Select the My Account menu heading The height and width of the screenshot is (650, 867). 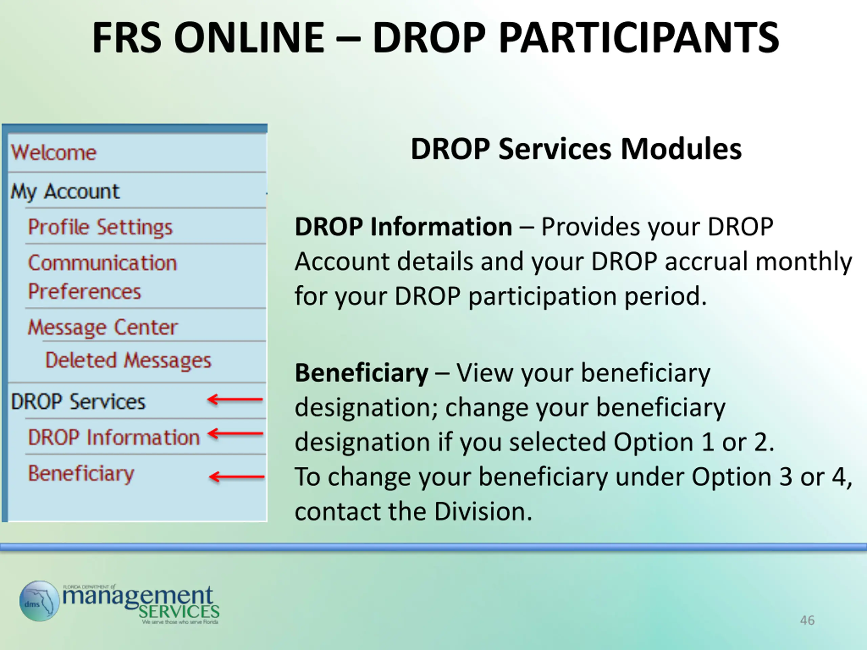[65, 192]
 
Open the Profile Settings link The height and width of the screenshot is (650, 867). [100, 227]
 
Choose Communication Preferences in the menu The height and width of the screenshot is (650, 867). [103, 277]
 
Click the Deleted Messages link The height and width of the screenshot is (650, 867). [128, 360]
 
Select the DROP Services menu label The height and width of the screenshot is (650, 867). [78, 402]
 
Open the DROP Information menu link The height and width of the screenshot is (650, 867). [114, 437]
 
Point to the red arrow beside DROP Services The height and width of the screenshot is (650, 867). [235, 399]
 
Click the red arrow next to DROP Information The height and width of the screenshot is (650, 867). [235, 433]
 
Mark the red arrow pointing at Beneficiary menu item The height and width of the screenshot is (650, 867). [237, 477]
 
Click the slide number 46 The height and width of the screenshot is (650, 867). [807, 620]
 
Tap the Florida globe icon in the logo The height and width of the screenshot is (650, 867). [39, 601]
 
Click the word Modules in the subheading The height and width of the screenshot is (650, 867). [681, 149]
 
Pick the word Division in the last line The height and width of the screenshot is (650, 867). [483, 511]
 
